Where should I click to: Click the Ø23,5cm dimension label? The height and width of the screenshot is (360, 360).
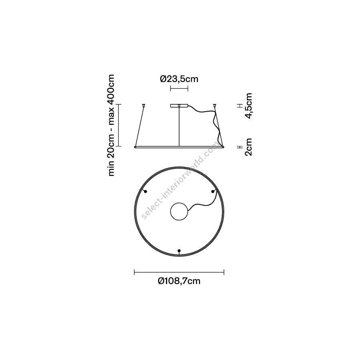pyautogui.click(x=179, y=79)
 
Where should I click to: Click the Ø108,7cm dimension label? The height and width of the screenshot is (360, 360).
pyautogui.click(x=179, y=281)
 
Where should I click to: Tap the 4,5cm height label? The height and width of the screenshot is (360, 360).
pyautogui.click(x=249, y=106)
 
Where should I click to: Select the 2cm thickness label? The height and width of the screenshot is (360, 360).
pyautogui.click(x=249, y=147)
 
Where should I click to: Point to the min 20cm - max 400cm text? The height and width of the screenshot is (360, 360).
pyautogui.click(x=111, y=125)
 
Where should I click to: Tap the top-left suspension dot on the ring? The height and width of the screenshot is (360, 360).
pyautogui.click(x=145, y=192)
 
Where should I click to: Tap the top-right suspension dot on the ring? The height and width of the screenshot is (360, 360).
pyautogui.click(x=213, y=192)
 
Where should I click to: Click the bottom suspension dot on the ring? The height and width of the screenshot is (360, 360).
pyautogui.click(x=179, y=250)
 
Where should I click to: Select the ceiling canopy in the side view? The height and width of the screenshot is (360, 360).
pyautogui.click(x=179, y=106)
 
